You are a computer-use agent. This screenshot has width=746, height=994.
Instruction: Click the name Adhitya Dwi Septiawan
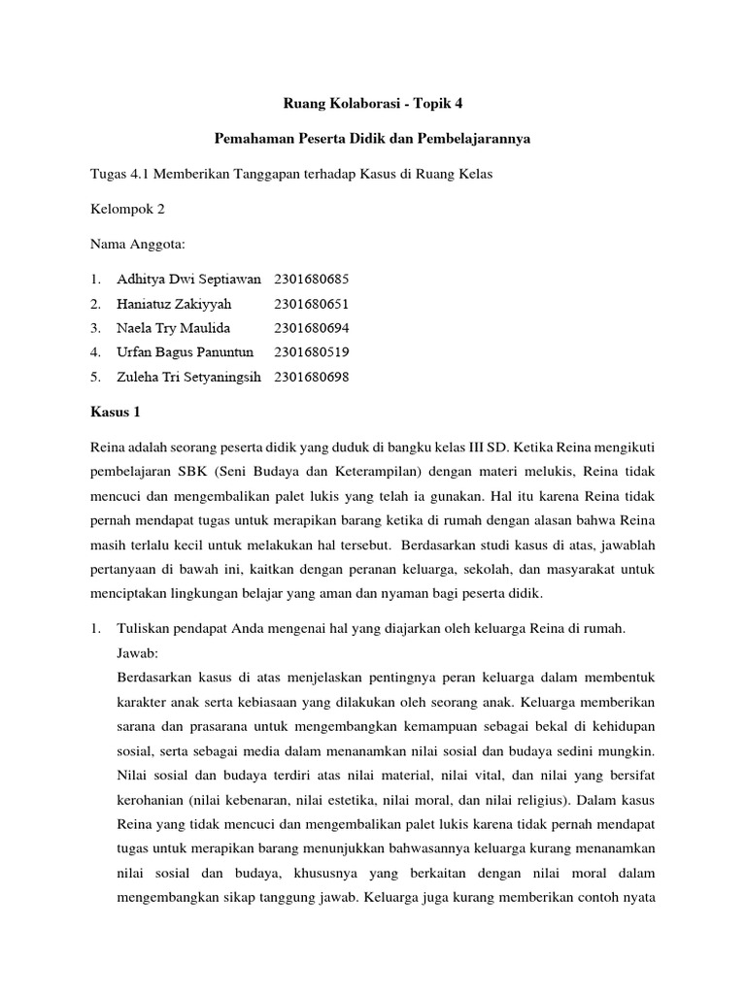point(188,280)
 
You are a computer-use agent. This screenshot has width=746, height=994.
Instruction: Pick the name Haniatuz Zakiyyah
point(174,304)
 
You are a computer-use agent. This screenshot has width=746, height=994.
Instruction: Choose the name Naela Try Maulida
point(173,328)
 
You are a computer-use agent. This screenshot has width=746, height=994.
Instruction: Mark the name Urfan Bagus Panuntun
point(185,352)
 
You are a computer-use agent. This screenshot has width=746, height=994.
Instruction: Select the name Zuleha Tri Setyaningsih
point(189,377)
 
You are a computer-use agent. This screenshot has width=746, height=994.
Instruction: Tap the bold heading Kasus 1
point(115,413)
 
